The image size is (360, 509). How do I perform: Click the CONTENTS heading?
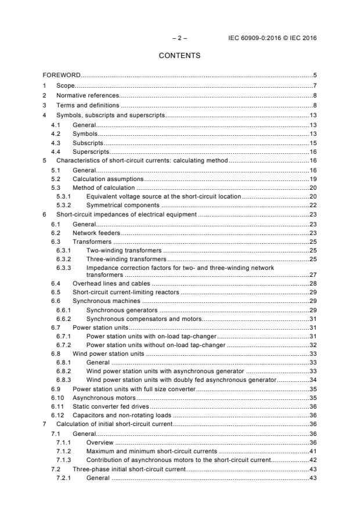[179, 56]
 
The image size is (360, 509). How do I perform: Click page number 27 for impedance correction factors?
[312, 275]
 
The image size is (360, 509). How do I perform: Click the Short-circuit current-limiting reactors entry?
[125, 292]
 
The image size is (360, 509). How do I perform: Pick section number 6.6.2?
[63, 319]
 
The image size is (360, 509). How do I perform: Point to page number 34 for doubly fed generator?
[312, 380]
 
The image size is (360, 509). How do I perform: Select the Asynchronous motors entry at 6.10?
[103, 398]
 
